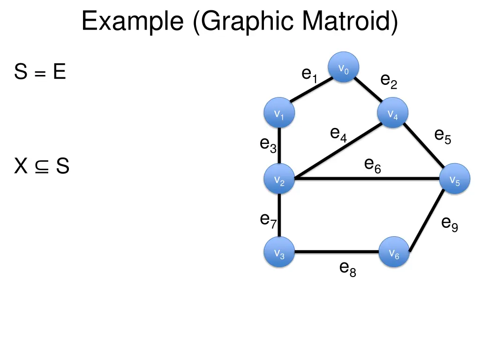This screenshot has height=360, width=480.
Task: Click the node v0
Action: pos(344,67)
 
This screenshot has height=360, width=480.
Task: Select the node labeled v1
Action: pos(279,113)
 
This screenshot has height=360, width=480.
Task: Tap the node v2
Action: pos(279,179)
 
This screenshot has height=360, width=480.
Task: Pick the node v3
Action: pos(279,252)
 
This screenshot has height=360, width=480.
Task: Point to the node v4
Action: pos(393,113)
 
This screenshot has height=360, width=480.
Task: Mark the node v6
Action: pos(394,252)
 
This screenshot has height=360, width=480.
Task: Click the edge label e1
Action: pos(309,75)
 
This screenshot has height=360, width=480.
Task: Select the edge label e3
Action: pos(269,145)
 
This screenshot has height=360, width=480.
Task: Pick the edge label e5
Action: pos(442,136)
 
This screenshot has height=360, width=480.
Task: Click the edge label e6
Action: pos(372,165)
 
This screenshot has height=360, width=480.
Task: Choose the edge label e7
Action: pos(269,220)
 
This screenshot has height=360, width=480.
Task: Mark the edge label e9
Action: pos(450,224)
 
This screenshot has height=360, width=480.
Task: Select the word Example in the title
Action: pos(133,22)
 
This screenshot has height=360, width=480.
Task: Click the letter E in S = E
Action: pos(59,72)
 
